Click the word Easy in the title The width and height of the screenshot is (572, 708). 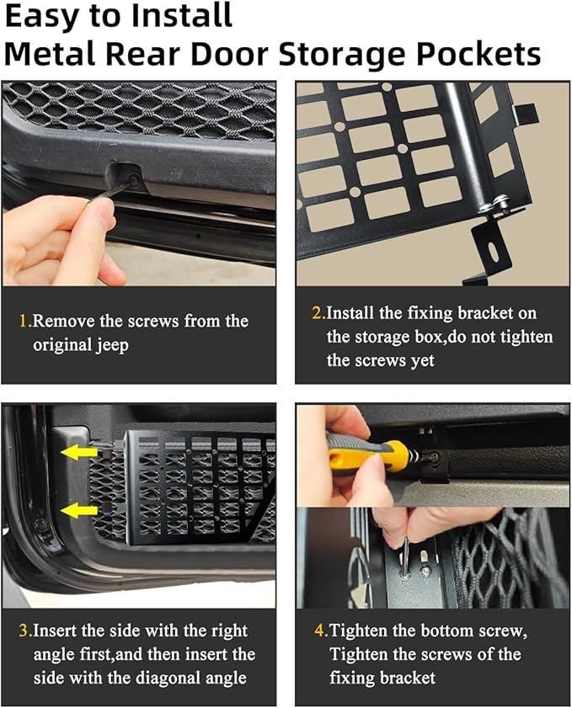(x=41, y=17)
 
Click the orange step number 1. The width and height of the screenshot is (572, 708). (x=24, y=321)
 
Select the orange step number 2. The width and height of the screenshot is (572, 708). (x=318, y=313)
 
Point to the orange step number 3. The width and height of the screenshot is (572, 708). (x=24, y=631)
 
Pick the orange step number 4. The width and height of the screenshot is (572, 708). (x=319, y=631)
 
